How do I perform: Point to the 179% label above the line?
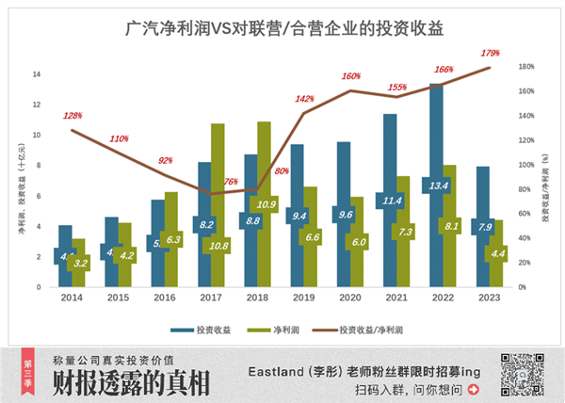(490, 54)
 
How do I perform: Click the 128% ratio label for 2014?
(73, 116)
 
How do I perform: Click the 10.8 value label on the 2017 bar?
(218, 246)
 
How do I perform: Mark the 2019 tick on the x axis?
(304, 297)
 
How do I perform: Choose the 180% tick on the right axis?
(526, 67)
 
